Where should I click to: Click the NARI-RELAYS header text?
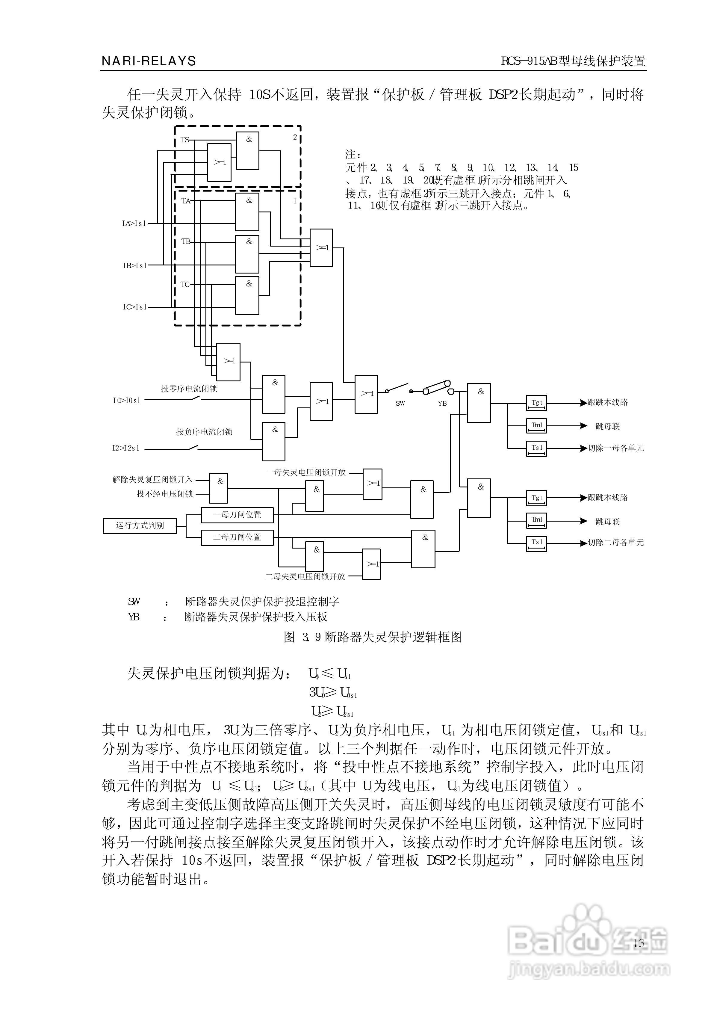[x=149, y=61]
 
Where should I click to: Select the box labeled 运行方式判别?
[x=140, y=525]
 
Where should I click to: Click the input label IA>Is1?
[x=134, y=223]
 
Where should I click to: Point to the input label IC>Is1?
[x=134, y=307]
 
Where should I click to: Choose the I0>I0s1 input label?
[x=127, y=400]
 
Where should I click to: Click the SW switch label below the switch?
[x=400, y=403]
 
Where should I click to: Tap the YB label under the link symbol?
[x=442, y=403]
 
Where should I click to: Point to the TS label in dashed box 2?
[x=185, y=140]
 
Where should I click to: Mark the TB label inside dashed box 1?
[x=186, y=241]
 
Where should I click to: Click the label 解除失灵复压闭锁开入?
[x=152, y=480]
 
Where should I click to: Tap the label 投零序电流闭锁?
[x=189, y=389]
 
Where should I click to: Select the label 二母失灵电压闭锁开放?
[x=305, y=576]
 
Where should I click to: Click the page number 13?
[x=639, y=942]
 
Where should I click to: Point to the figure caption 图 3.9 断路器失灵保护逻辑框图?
[x=373, y=637]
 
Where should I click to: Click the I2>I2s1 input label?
[x=126, y=448]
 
